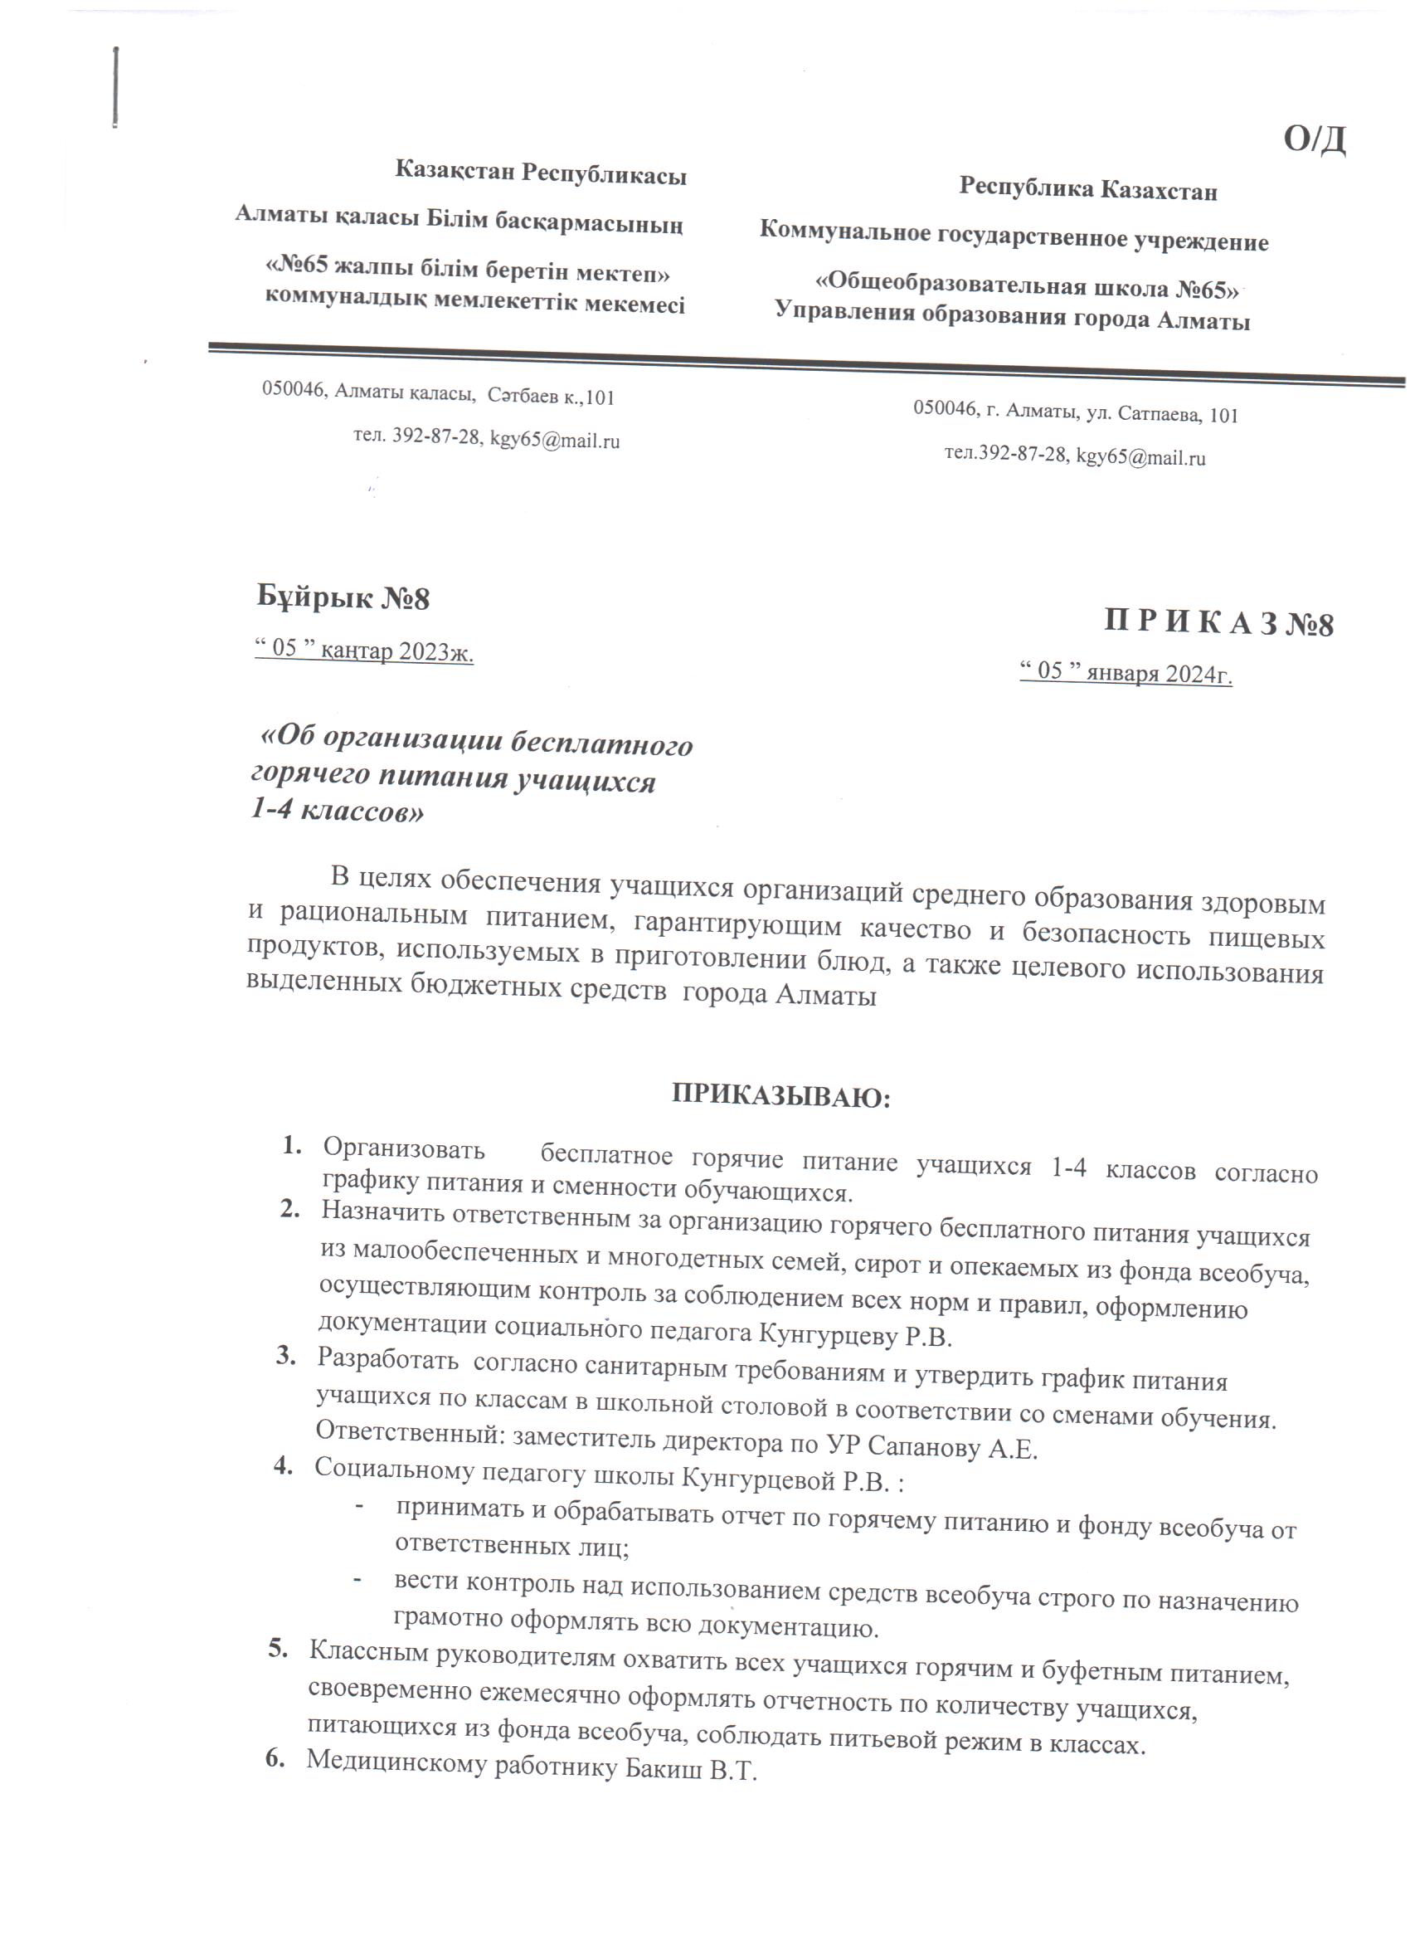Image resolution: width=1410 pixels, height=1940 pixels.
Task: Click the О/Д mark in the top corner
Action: pyautogui.click(x=1315, y=139)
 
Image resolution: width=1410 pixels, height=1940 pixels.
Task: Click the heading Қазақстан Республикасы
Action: pyautogui.click(x=541, y=173)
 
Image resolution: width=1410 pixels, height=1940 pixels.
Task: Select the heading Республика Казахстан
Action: pyautogui.click(x=1087, y=189)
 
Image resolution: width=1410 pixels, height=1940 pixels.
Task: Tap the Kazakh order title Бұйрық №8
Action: pyautogui.click(x=343, y=597)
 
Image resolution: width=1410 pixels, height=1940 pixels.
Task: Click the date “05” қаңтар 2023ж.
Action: pyautogui.click(x=364, y=651)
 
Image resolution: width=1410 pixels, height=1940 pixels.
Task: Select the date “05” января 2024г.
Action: pyautogui.click(x=1126, y=672)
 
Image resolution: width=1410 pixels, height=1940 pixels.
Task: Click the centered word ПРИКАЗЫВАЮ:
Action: pyautogui.click(x=780, y=1097)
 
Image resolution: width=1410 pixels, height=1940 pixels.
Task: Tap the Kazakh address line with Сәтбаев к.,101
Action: pyautogui.click(x=438, y=394)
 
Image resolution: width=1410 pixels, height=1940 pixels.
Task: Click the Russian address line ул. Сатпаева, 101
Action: pyautogui.click(x=1075, y=414)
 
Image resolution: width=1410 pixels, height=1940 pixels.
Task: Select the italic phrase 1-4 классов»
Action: pyautogui.click(x=337, y=810)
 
